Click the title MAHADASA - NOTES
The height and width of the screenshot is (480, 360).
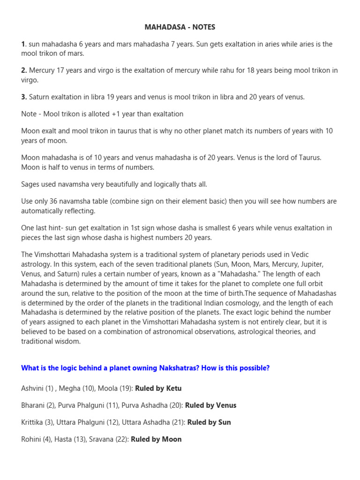coord(180,27)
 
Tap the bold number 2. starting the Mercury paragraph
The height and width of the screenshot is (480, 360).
coord(24,70)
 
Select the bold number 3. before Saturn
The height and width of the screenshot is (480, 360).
coord(24,97)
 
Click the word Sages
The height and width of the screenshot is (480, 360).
coord(30,184)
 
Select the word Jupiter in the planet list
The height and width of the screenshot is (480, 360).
coord(307,264)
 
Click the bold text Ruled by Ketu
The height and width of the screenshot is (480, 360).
coord(158,388)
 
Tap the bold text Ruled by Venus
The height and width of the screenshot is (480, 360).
coord(210,405)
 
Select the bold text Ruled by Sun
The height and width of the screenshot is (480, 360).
coord(209,422)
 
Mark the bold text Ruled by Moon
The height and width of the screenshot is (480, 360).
coord(156,439)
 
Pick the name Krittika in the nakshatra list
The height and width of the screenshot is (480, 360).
coord(32,422)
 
